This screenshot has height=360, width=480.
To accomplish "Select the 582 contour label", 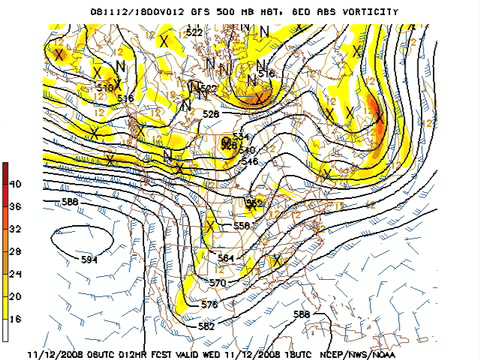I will click(207, 327).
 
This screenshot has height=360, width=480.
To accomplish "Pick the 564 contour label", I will click(226, 258).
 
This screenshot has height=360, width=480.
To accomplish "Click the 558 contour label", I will click(241, 226).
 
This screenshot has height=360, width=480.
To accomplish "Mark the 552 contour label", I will click(254, 204).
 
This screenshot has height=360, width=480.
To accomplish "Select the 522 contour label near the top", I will click(194, 33).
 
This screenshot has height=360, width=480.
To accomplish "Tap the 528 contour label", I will click(211, 114).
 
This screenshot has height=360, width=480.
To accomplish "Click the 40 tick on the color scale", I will click(15, 184).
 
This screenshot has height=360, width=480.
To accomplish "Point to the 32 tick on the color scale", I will click(15, 228).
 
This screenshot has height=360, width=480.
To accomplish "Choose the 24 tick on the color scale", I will click(15, 272).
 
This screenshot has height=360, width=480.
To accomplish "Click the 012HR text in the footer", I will click(152, 353).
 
